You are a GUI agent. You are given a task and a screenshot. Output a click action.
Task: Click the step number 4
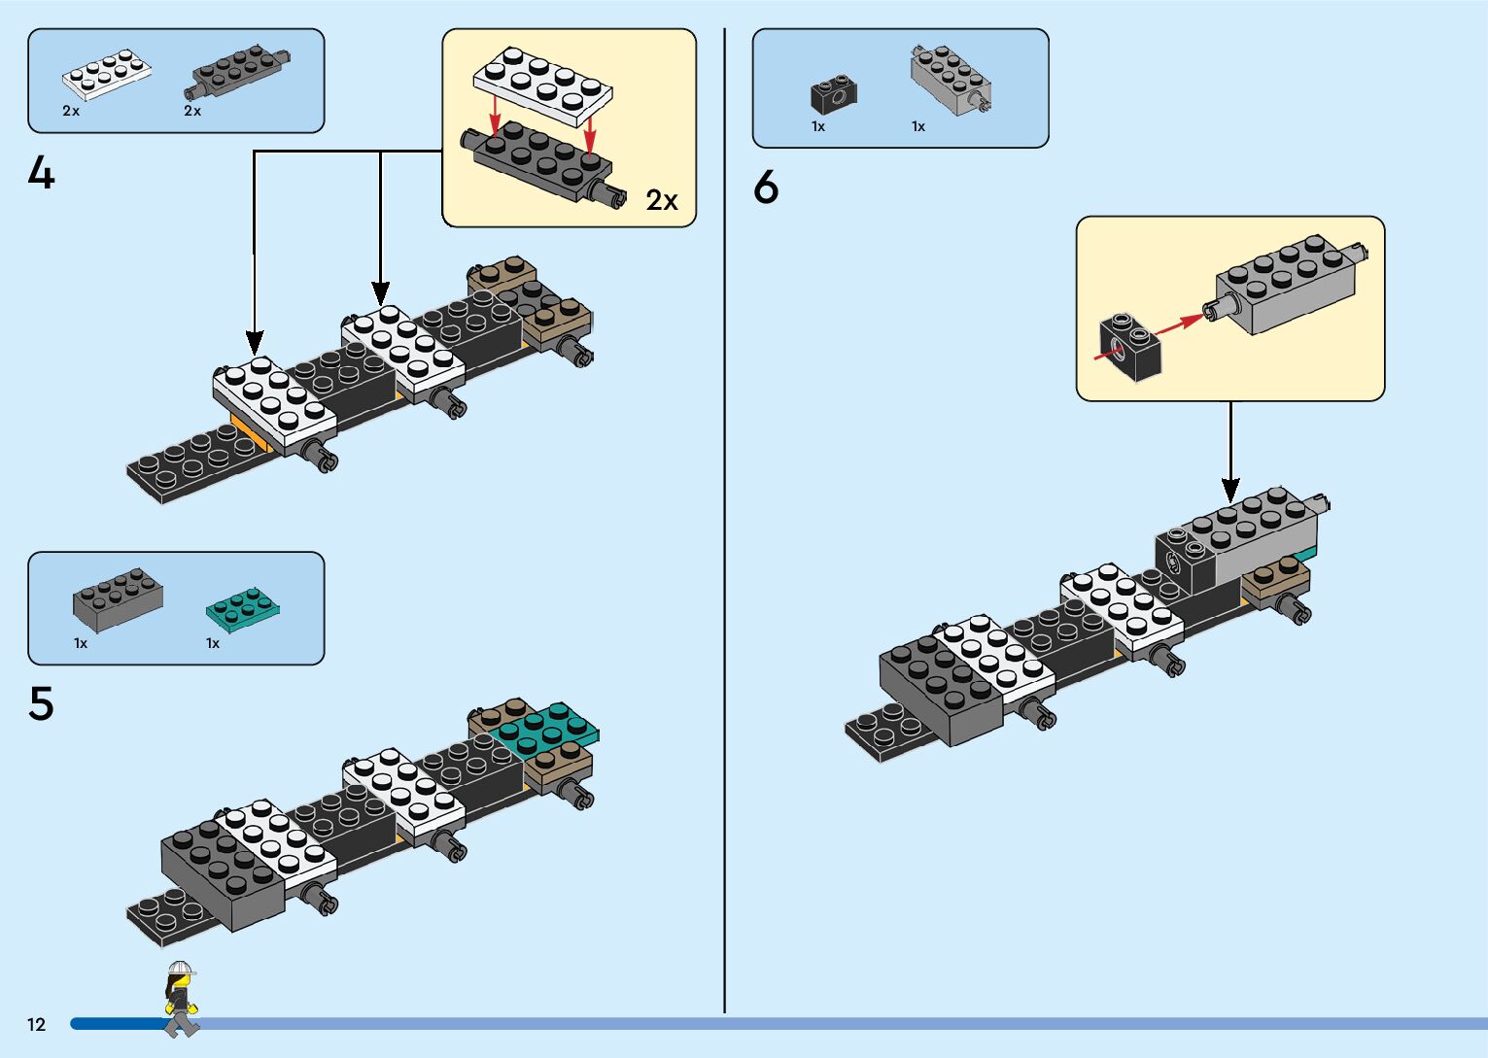click(x=41, y=173)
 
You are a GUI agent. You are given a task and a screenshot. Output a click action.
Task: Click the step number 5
click(x=41, y=703)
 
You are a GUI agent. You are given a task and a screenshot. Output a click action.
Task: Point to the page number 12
click(x=37, y=1024)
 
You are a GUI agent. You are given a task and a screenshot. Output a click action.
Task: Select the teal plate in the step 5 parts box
click(x=242, y=608)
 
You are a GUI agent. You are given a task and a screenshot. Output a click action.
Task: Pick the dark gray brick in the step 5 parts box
click(x=118, y=598)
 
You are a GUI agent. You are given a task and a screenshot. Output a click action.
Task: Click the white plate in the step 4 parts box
click(x=106, y=75)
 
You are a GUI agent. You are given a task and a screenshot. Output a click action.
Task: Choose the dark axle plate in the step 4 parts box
click(x=237, y=72)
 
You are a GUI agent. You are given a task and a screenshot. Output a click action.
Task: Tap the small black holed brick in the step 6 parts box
click(x=834, y=95)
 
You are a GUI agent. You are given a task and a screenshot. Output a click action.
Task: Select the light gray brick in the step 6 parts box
click(x=951, y=80)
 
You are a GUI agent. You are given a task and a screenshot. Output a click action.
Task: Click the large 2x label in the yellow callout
click(x=662, y=200)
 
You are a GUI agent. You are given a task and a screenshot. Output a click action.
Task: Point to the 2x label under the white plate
click(x=71, y=111)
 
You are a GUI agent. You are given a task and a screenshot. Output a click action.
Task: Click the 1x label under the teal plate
click(x=213, y=643)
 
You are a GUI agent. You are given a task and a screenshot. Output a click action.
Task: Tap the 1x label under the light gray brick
click(x=918, y=126)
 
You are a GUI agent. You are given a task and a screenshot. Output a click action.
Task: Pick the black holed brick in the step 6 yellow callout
click(x=1130, y=348)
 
